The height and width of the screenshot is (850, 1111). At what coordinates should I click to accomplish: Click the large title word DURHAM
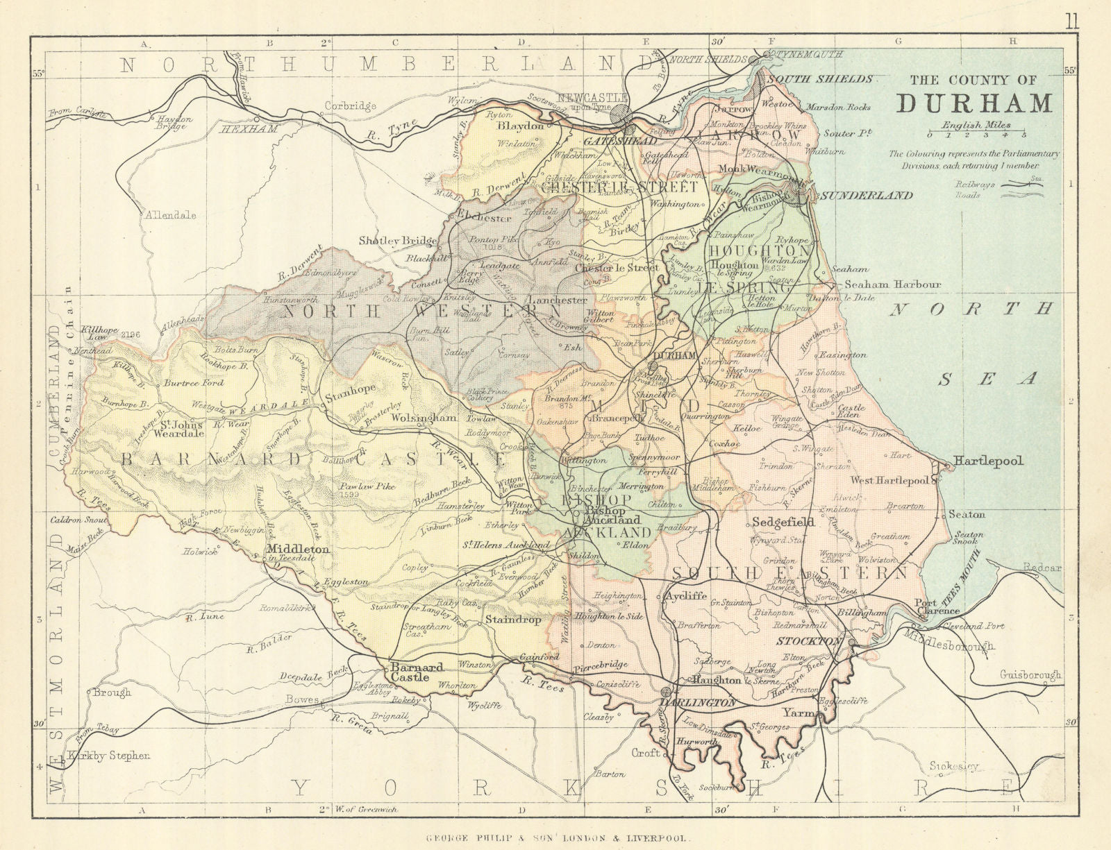tap(974, 103)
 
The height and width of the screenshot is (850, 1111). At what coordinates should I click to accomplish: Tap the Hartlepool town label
tap(988, 461)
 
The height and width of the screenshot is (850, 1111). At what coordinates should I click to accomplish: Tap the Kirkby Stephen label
tap(110, 756)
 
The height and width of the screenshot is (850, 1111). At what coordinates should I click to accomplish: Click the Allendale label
tap(170, 215)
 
